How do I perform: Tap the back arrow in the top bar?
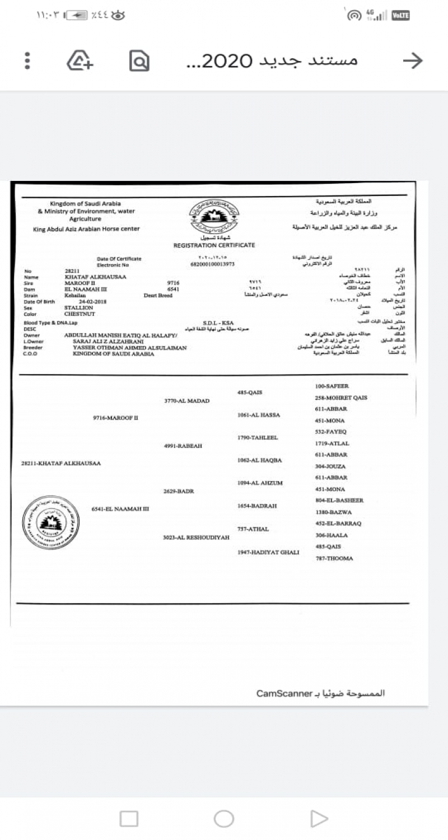pyautogui.click(x=413, y=60)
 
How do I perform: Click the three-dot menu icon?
pyautogui.click(x=27, y=60)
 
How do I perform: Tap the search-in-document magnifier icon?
pyautogui.click(x=139, y=60)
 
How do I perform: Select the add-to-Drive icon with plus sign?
pyautogui.click(x=80, y=60)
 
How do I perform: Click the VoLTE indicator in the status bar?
pyautogui.click(x=400, y=16)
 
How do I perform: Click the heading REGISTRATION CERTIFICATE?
pyautogui.click(x=214, y=245)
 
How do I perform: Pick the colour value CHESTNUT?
pyautogui.click(x=81, y=314)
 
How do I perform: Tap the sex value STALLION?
pyautogui.click(x=80, y=308)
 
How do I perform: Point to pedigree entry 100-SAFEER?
pyautogui.click(x=332, y=386)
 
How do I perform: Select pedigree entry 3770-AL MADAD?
pyautogui.click(x=186, y=401)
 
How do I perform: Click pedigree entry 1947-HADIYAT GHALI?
pyautogui.click(x=268, y=552)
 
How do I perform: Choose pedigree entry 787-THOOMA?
pyautogui.click(x=334, y=558)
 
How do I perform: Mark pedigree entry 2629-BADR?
pyautogui.click(x=178, y=491)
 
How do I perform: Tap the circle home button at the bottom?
pyautogui.click(x=223, y=819)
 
